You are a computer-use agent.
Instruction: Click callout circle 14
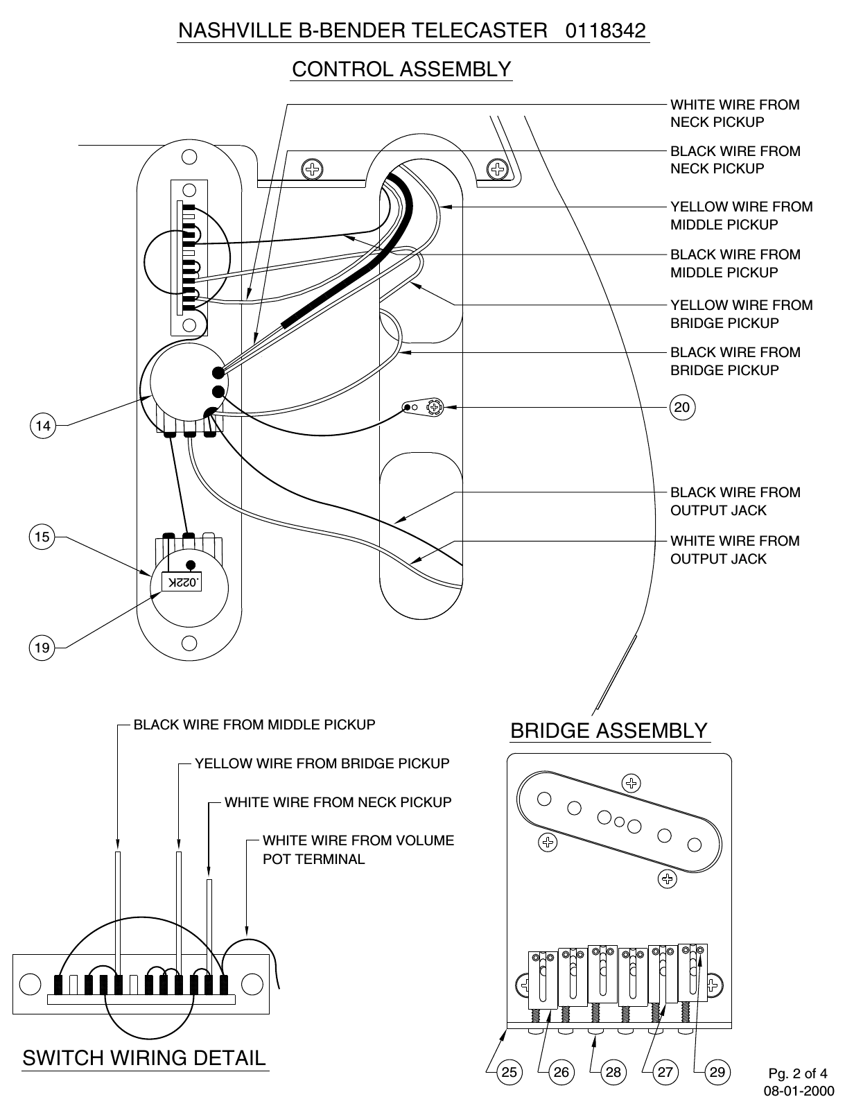[x=43, y=425]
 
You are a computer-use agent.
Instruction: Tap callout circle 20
[x=682, y=407]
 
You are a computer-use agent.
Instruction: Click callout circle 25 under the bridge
[x=509, y=1072]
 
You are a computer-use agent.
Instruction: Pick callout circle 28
[x=613, y=1072]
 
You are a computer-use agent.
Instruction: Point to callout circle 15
[x=42, y=537]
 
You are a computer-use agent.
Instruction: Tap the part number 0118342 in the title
[x=606, y=31]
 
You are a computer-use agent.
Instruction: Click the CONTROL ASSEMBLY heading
[x=401, y=69]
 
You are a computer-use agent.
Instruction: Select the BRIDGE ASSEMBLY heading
[x=609, y=731]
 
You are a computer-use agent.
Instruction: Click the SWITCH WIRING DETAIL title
[x=144, y=1057]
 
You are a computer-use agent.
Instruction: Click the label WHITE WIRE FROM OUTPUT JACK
[x=734, y=550]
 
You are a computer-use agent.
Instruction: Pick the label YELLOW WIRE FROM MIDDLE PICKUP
[x=740, y=216]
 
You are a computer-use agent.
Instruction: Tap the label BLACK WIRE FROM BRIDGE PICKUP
[x=735, y=361]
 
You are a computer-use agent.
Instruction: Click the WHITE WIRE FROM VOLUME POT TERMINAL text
[x=358, y=849]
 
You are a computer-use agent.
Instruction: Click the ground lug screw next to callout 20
[x=435, y=408]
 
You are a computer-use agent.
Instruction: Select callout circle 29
[x=717, y=1072]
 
